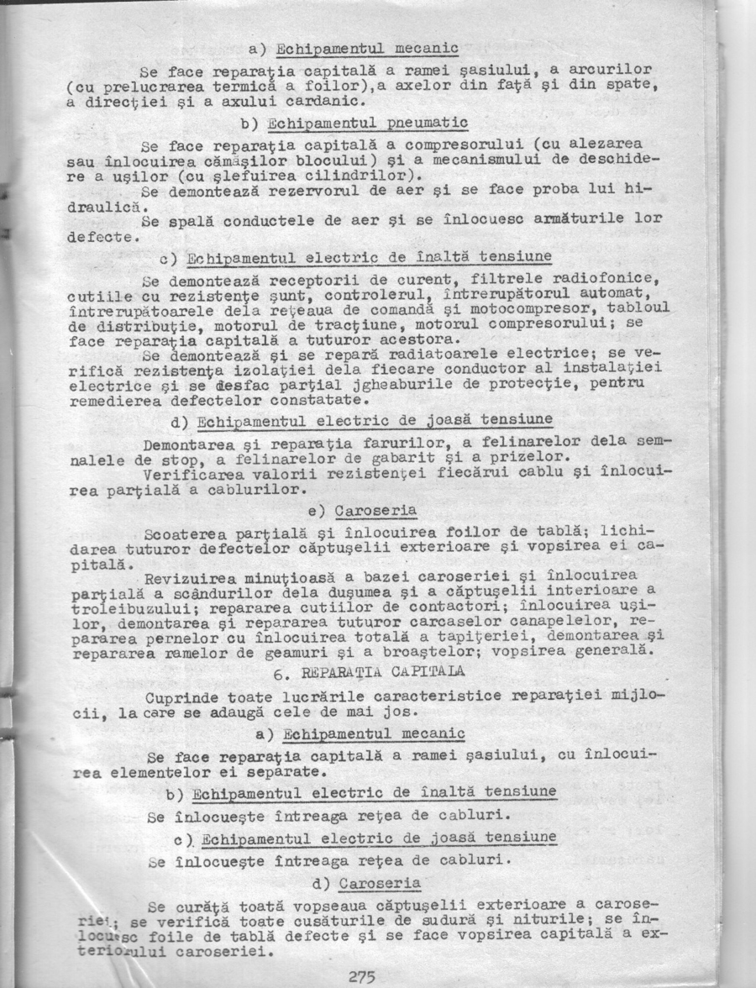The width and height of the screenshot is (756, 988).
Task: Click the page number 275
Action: click(361, 975)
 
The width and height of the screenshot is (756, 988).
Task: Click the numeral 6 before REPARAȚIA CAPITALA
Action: click(279, 672)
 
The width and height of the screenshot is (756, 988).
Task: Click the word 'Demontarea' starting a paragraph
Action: click(187, 443)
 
